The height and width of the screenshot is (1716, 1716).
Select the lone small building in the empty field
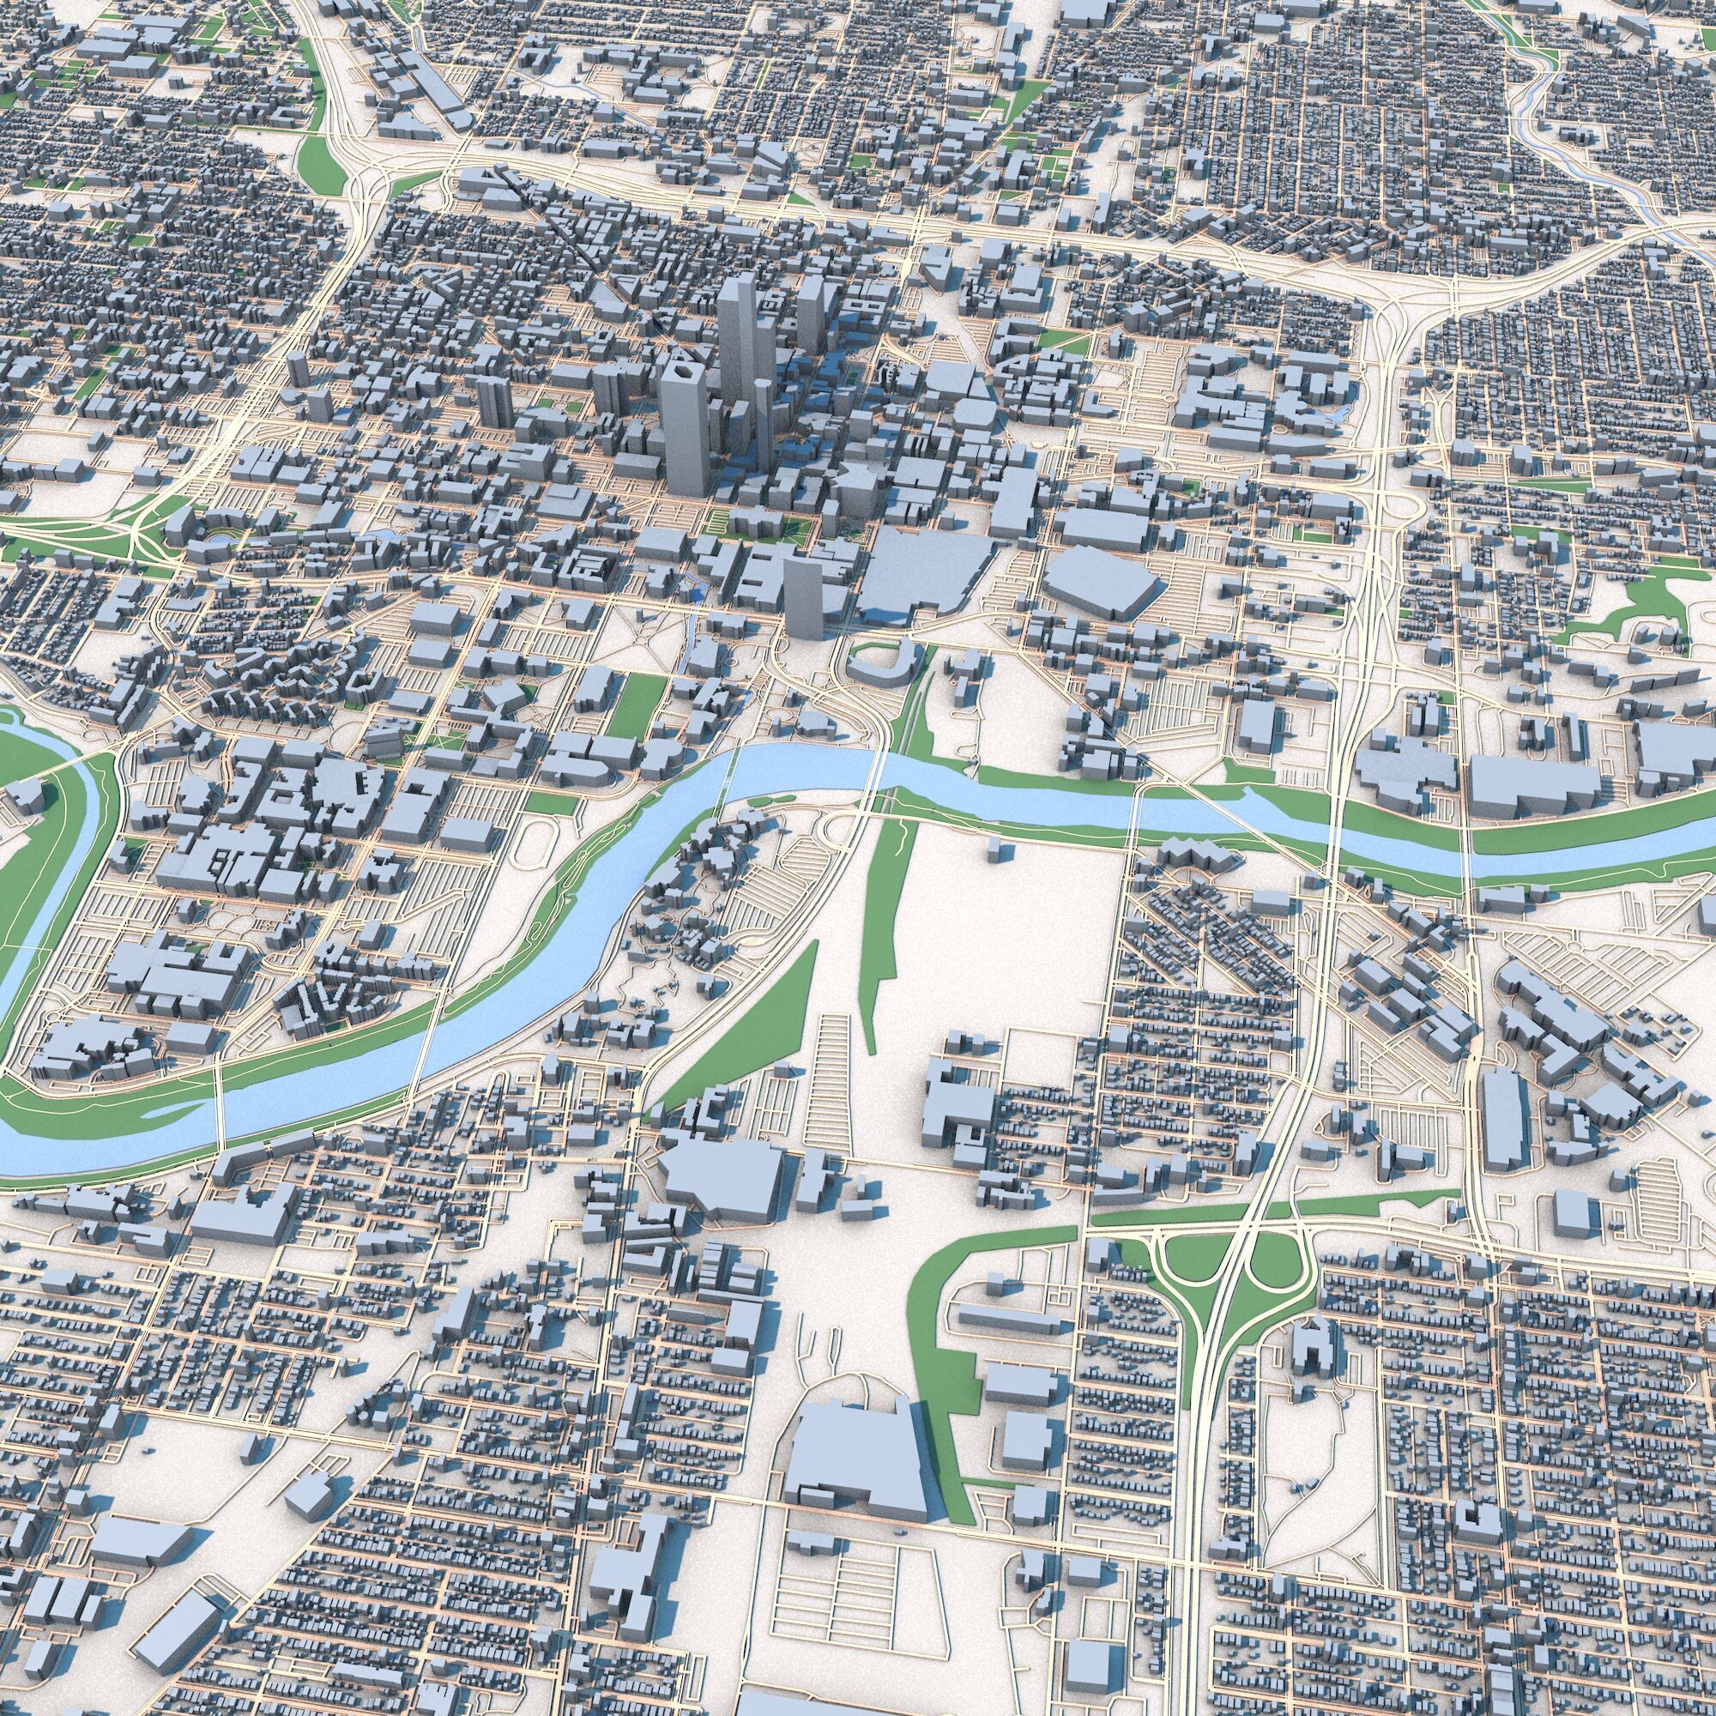point(1000,850)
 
